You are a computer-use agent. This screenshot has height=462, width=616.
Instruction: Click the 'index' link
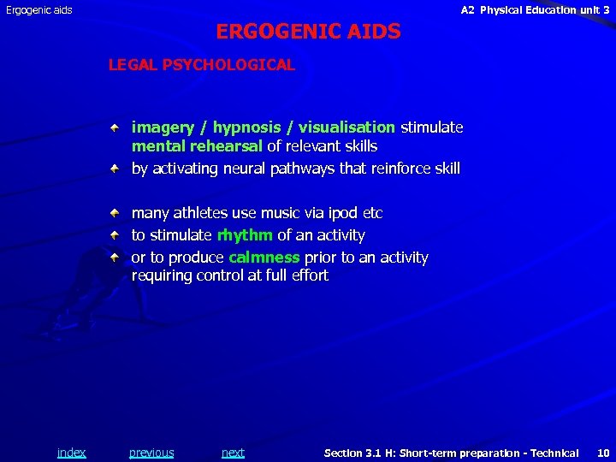pyautogui.click(x=71, y=453)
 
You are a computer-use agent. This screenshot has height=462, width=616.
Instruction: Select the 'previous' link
pyautogui.click(x=151, y=453)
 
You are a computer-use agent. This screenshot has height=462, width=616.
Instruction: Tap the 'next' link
pyautogui.click(x=233, y=453)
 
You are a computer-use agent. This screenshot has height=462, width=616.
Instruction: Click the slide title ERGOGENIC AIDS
pyautogui.click(x=308, y=32)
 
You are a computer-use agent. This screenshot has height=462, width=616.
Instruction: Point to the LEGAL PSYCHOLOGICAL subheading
pyautogui.click(x=202, y=65)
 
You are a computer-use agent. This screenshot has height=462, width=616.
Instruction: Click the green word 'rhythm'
pyautogui.click(x=245, y=235)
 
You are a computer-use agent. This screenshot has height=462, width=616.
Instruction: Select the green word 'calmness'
pyautogui.click(x=264, y=258)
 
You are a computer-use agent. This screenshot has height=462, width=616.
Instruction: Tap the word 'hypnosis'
pyautogui.click(x=247, y=127)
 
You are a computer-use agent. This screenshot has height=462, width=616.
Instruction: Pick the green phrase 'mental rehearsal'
pyautogui.click(x=197, y=146)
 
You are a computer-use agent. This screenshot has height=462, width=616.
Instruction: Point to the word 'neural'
pyautogui.click(x=242, y=169)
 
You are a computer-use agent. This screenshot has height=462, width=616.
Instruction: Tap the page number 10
pyautogui.click(x=603, y=453)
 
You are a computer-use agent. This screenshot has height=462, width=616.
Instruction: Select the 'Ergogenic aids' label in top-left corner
pyautogui.click(x=39, y=10)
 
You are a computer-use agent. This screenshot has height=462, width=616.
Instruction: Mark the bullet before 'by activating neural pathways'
pyautogui.click(x=114, y=168)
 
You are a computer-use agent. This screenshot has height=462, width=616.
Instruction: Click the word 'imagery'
pyautogui.click(x=163, y=127)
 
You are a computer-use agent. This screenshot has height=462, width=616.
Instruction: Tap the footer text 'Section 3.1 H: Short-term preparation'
pyautogui.click(x=451, y=453)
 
